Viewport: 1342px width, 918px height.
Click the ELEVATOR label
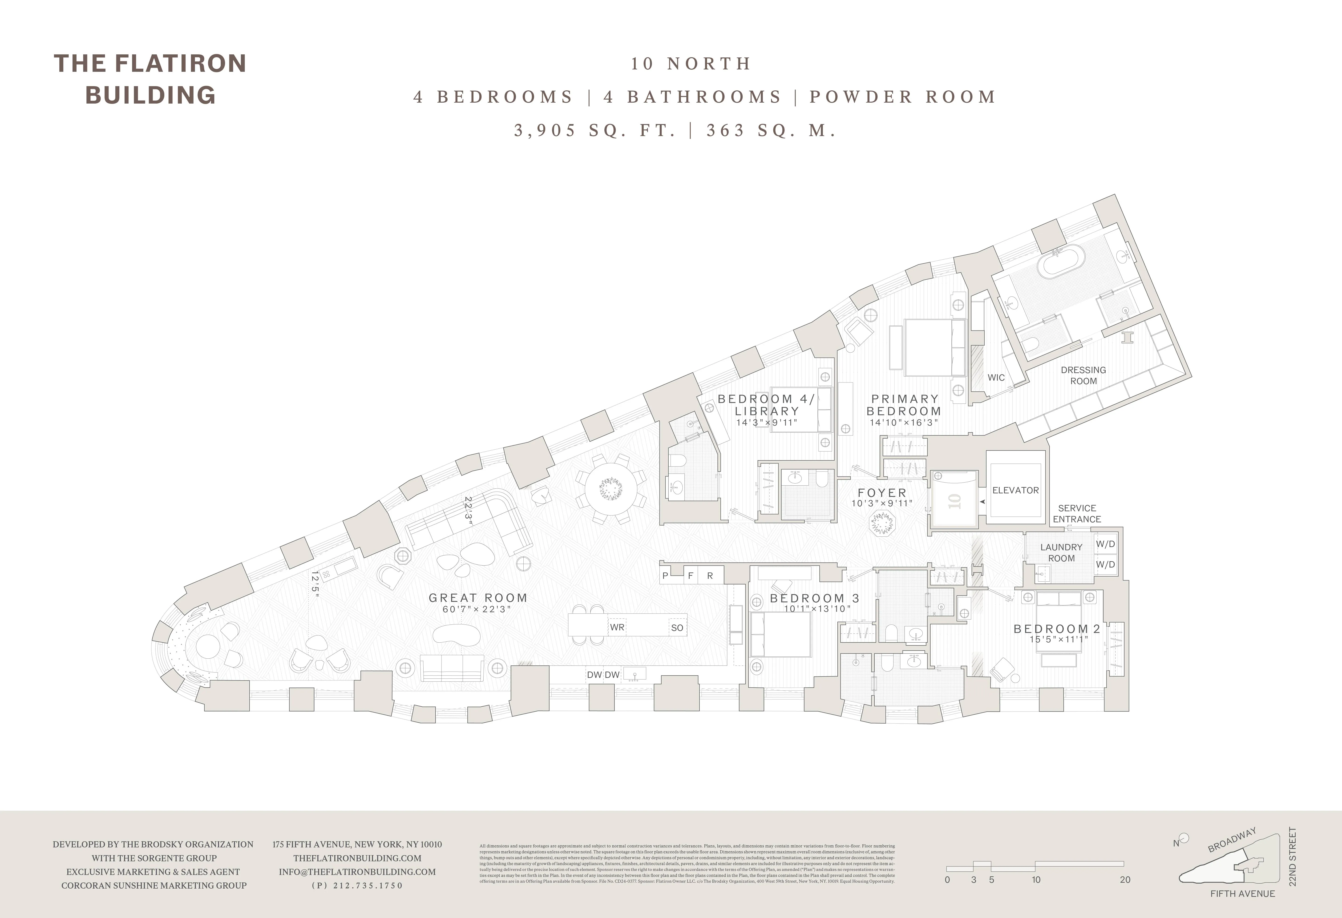[x=1015, y=490]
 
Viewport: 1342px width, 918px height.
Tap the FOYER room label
[x=882, y=492]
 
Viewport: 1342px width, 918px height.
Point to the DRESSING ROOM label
[x=1083, y=375]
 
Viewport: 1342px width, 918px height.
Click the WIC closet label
[x=996, y=378]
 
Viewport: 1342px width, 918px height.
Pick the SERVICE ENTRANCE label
[x=1076, y=513]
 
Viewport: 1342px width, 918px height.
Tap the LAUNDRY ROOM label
[x=1061, y=552]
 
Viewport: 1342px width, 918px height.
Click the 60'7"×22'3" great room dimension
[x=477, y=609]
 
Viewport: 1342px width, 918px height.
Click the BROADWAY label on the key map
[x=1232, y=840]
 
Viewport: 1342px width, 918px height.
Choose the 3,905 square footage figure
[x=545, y=130]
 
